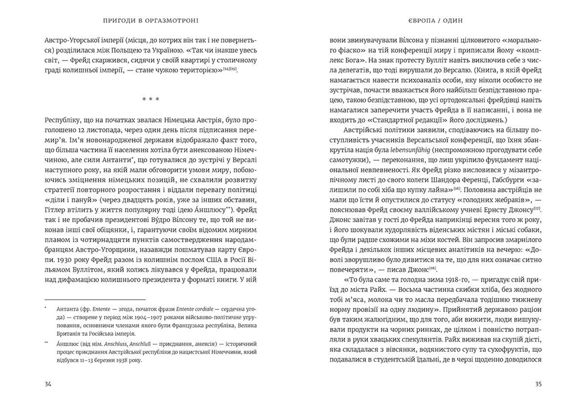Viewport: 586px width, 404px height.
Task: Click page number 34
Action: [48, 384]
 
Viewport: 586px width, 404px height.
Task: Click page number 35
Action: [538, 384]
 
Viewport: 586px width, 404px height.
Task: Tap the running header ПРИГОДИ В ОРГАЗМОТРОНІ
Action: [151, 21]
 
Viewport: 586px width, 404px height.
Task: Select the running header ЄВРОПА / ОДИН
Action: [436, 21]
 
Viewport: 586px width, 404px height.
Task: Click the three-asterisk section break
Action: [151, 99]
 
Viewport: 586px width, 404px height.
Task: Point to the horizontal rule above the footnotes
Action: [95, 300]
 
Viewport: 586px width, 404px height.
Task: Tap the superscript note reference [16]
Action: [457, 188]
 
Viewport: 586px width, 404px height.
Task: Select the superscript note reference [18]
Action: [433, 268]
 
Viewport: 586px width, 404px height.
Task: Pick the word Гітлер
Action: [55, 210]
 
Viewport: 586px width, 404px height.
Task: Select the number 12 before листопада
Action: [81, 130]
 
